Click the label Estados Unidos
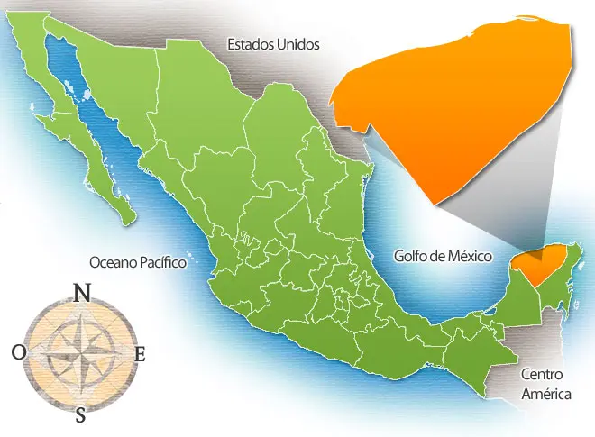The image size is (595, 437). pos(273,43)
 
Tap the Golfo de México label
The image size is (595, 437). pos(442,256)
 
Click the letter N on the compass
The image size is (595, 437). pos(82,293)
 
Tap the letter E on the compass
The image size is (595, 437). pos(140,354)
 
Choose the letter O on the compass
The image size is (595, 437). pos(18,353)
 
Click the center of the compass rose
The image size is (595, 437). pos(80,353)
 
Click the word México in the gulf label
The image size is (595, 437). pos(468,256)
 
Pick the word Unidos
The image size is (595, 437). pos(297,43)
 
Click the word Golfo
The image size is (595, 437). pos(410,256)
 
